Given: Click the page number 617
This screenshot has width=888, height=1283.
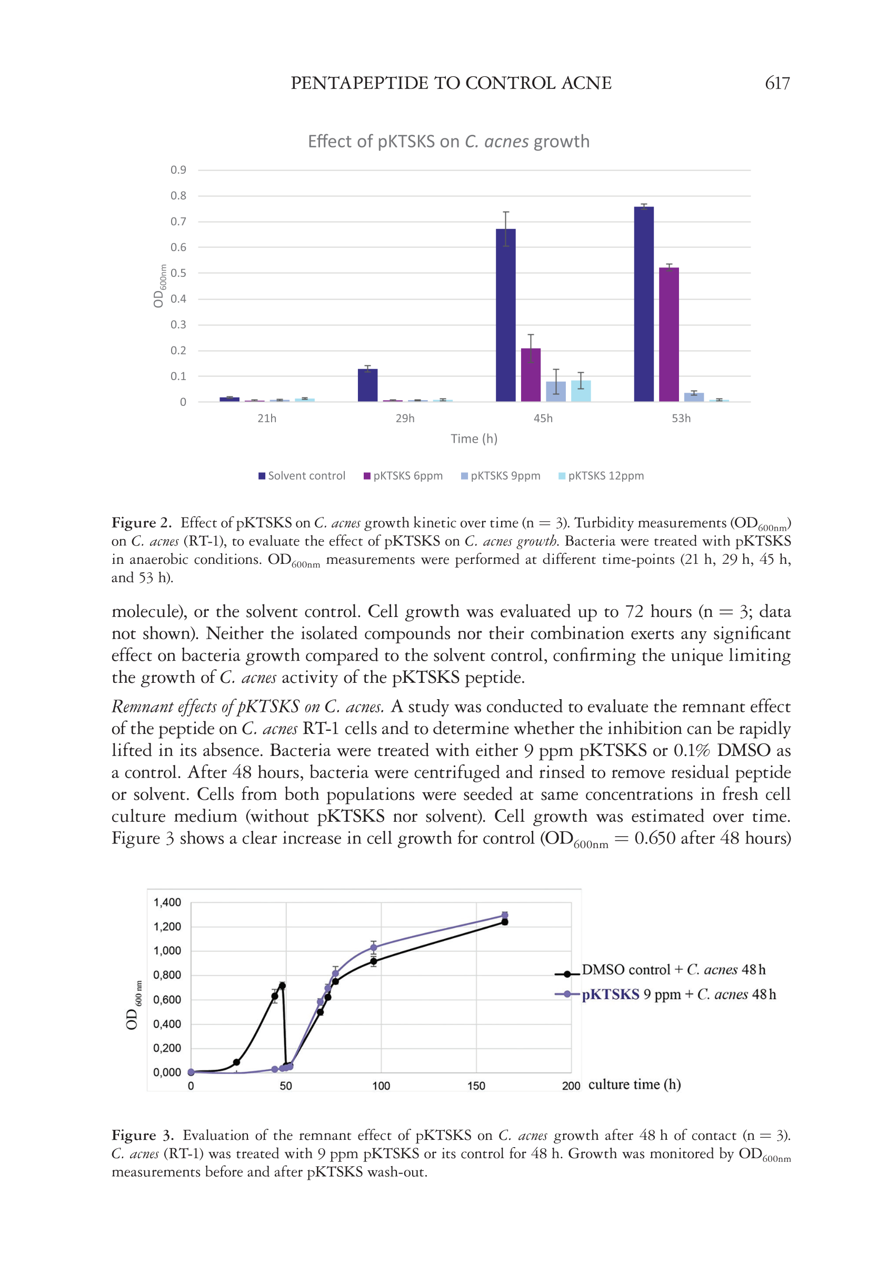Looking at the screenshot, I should pyautogui.click(x=777, y=84).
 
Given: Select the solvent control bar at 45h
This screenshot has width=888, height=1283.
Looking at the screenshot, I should pyautogui.click(x=505, y=315).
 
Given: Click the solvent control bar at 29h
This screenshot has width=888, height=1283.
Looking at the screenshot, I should pyautogui.click(x=367, y=385).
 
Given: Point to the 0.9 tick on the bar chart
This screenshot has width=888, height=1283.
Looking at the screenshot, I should pyautogui.click(x=178, y=170).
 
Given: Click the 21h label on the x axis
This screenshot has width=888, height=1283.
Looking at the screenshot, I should pyautogui.click(x=266, y=419).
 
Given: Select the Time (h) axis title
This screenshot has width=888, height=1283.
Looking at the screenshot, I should pyautogui.click(x=474, y=439).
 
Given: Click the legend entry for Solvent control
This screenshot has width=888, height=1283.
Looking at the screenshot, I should pyautogui.click(x=302, y=476).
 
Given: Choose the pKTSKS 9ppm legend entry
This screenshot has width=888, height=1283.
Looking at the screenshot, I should pyautogui.click(x=501, y=476).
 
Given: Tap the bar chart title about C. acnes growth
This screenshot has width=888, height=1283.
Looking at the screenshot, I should pyautogui.click(x=448, y=142).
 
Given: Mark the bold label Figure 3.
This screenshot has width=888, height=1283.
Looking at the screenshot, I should pyautogui.click(x=143, y=1135).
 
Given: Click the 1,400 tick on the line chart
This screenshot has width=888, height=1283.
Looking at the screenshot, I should pyautogui.click(x=167, y=902).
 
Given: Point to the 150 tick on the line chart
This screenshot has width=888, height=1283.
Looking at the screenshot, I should pyautogui.click(x=476, y=1086).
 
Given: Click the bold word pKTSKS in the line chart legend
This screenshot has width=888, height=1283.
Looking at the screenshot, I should pyautogui.click(x=611, y=994).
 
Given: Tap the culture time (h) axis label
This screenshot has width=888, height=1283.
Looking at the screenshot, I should pyautogui.click(x=634, y=1085).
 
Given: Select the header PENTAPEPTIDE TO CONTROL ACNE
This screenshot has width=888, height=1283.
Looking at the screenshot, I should pyautogui.click(x=451, y=84).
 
